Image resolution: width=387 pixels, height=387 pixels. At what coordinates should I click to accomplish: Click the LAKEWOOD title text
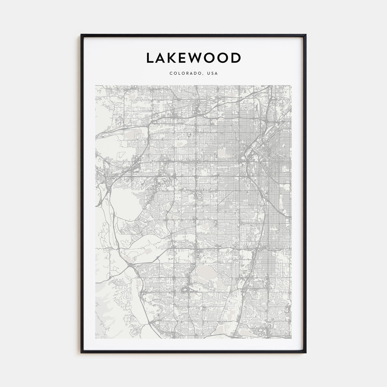193,58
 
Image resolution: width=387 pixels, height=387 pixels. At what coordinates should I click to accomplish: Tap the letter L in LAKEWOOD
150,58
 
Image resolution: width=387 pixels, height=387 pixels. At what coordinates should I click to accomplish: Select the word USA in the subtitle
212,74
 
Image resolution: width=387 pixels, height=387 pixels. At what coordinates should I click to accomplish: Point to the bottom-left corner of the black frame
81,353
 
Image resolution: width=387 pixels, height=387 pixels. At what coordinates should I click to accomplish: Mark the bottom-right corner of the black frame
306,353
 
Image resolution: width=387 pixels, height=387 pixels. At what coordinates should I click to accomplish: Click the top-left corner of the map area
96,86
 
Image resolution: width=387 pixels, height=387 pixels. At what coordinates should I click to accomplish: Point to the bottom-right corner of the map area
291,338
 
